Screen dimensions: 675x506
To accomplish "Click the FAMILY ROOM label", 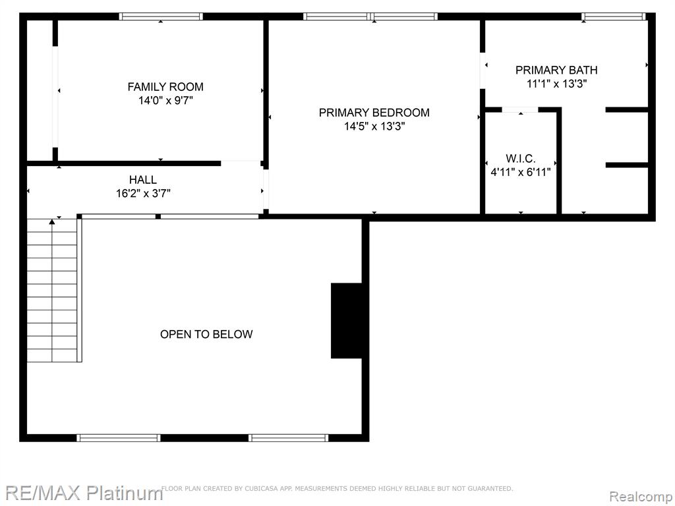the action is [165, 87].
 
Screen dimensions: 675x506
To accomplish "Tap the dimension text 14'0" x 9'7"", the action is [165, 101].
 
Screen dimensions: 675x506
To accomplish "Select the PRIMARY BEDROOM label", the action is [374, 113].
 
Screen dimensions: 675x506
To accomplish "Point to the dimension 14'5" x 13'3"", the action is [374, 126].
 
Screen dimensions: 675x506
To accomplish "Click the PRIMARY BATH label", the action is [556, 70].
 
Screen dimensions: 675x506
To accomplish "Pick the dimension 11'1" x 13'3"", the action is [556, 84].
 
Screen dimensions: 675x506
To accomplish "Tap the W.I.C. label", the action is [521, 158].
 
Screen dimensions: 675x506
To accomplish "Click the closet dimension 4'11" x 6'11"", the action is [521, 172].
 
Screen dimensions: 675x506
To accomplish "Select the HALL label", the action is [143, 179].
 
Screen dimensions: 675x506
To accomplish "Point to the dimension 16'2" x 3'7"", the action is [143, 193].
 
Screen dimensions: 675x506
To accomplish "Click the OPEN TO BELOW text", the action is [206, 334].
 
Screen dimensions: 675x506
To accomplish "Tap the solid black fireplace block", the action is [347, 321].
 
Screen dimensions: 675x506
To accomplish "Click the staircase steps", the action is [52, 291].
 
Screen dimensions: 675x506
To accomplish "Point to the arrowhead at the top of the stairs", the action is [52, 221].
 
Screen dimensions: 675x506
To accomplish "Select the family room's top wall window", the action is [161, 16].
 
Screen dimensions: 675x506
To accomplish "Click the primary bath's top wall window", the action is [614, 16].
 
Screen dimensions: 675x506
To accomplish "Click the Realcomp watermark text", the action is [641, 497].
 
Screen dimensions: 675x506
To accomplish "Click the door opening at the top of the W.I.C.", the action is [521, 110].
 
